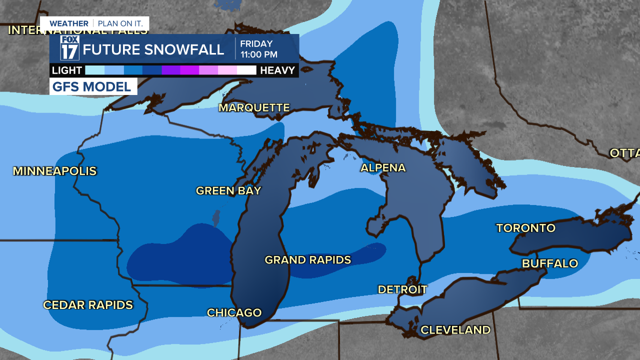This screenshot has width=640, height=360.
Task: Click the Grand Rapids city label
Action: pyautogui.click(x=307, y=260)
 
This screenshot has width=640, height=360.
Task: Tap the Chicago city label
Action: pyautogui.click(x=234, y=312)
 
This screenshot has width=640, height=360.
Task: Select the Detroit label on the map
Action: pyautogui.click(x=402, y=289)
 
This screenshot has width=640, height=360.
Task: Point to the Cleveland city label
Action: pyautogui.click(x=455, y=330)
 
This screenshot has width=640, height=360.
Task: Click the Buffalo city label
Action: pyautogui.click(x=550, y=263)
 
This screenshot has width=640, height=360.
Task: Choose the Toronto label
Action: pyautogui.click(x=525, y=228)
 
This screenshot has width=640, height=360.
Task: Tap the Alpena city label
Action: pyautogui.click(x=383, y=168)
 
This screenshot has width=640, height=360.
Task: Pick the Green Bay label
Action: pyautogui.click(x=228, y=190)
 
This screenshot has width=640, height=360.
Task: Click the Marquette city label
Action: pyautogui.click(x=254, y=108)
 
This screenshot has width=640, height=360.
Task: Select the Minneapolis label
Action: pyautogui.click(x=54, y=171)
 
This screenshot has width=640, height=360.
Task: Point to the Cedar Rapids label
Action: pyautogui.click(x=88, y=305)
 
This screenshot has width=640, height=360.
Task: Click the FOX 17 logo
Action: pyautogui.click(x=70, y=48)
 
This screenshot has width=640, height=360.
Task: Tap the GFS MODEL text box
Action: pyautogui.click(x=93, y=86)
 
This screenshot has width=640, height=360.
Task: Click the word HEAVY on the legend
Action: pyautogui.click(x=277, y=70)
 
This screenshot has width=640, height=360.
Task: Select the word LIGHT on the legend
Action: pyautogui.click(x=66, y=70)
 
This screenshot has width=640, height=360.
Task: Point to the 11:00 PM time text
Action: pyautogui.click(x=258, y=54)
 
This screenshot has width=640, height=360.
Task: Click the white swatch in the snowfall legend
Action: pyautogui.click(x=246, y=70)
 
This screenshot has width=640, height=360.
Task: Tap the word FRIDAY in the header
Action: pyautogui.click(x=256, y=44)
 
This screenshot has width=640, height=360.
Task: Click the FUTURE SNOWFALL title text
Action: pyautogui.click(x=153, y=49)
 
